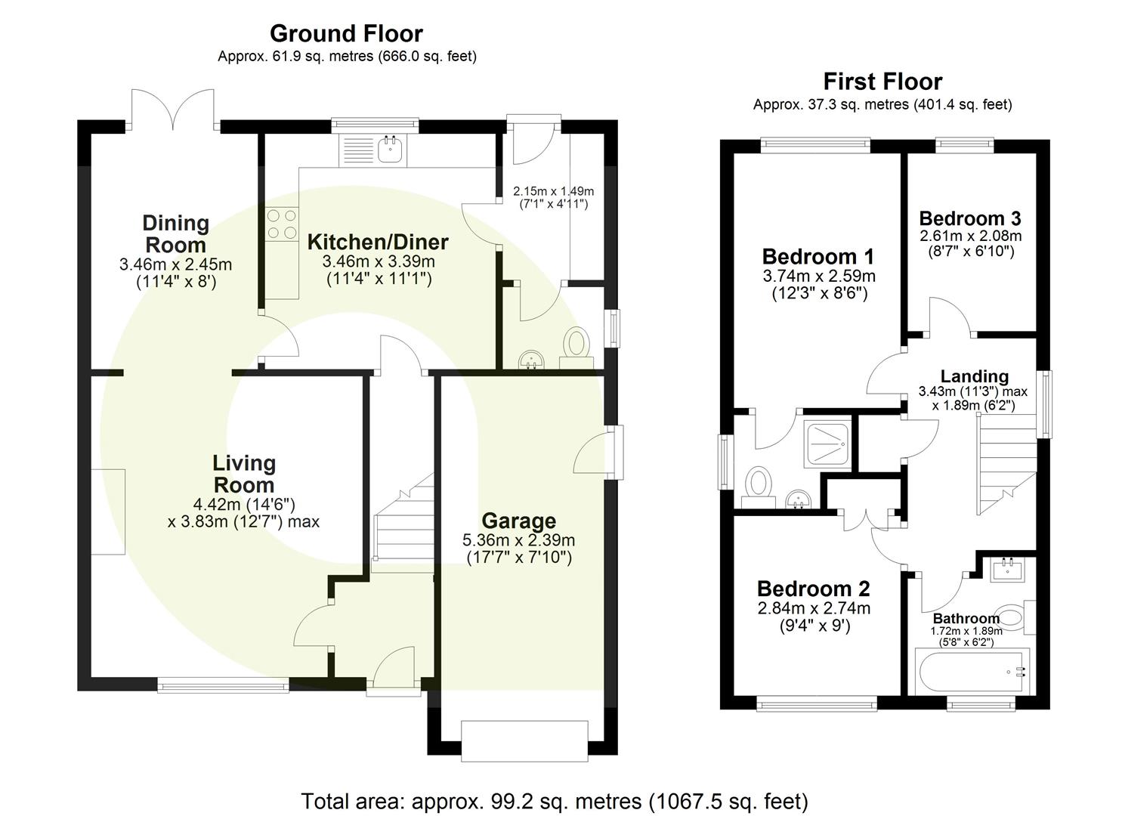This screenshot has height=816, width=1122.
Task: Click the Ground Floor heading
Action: click(x=346, y=33)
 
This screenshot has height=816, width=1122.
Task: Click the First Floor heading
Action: click(x=882, y=81)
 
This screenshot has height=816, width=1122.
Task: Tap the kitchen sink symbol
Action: click(x=391, y=150)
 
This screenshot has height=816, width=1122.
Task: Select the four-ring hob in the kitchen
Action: click(x=281, y=224)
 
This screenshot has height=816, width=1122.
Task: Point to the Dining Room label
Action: click(x=175, y=233)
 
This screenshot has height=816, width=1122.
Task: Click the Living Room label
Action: click(x=243, y=474)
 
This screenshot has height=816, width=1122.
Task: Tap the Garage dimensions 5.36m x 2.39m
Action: click(x=518, y=540)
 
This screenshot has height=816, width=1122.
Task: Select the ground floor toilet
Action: click(x=577, y=345)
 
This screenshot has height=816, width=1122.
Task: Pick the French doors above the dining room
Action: click(x=174, y=110)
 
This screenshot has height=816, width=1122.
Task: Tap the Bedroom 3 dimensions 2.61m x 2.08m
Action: click(x=970, y=236)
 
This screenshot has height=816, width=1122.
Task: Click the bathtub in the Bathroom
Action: click(x=971, y=672)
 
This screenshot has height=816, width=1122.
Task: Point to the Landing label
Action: click(x=974, y=376)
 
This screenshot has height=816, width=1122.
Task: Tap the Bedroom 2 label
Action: click(x=813, y=588)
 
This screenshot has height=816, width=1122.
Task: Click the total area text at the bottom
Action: click(x=555, y=801)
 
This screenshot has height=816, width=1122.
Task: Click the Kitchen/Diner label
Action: click(x=378, y=242)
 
